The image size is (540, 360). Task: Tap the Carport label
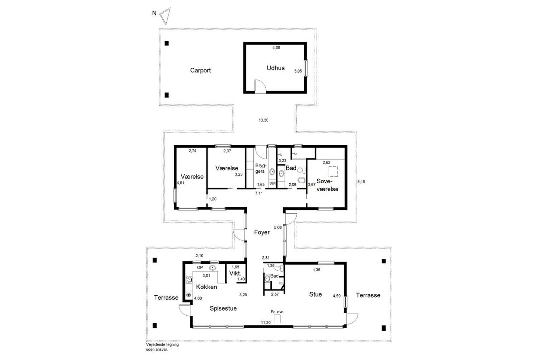tap(200, 70)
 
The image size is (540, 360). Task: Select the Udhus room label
tap(276, 68)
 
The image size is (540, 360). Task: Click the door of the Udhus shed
tap(260, 86)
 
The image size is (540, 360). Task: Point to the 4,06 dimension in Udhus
tap(276, 48)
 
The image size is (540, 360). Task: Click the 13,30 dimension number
tap(263, 120)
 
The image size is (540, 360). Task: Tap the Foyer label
tap(262, 232)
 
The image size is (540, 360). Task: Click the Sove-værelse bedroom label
tap(327, 185)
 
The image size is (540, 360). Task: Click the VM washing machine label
tap(273, 183)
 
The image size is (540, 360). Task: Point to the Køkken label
tap(207, 287)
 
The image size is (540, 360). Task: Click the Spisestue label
tap(223, 308)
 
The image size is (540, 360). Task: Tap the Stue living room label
tap(316, 294)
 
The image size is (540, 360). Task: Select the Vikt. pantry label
tap(235, 273)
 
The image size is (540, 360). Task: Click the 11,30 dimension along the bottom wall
tap(266, 323)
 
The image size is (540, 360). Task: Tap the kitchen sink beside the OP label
tap(212, 268)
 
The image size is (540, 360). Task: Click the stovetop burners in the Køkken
tap(189, 280)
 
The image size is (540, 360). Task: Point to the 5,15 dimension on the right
tap(361, 182)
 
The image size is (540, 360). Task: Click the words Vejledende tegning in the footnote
tap(162, 345)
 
